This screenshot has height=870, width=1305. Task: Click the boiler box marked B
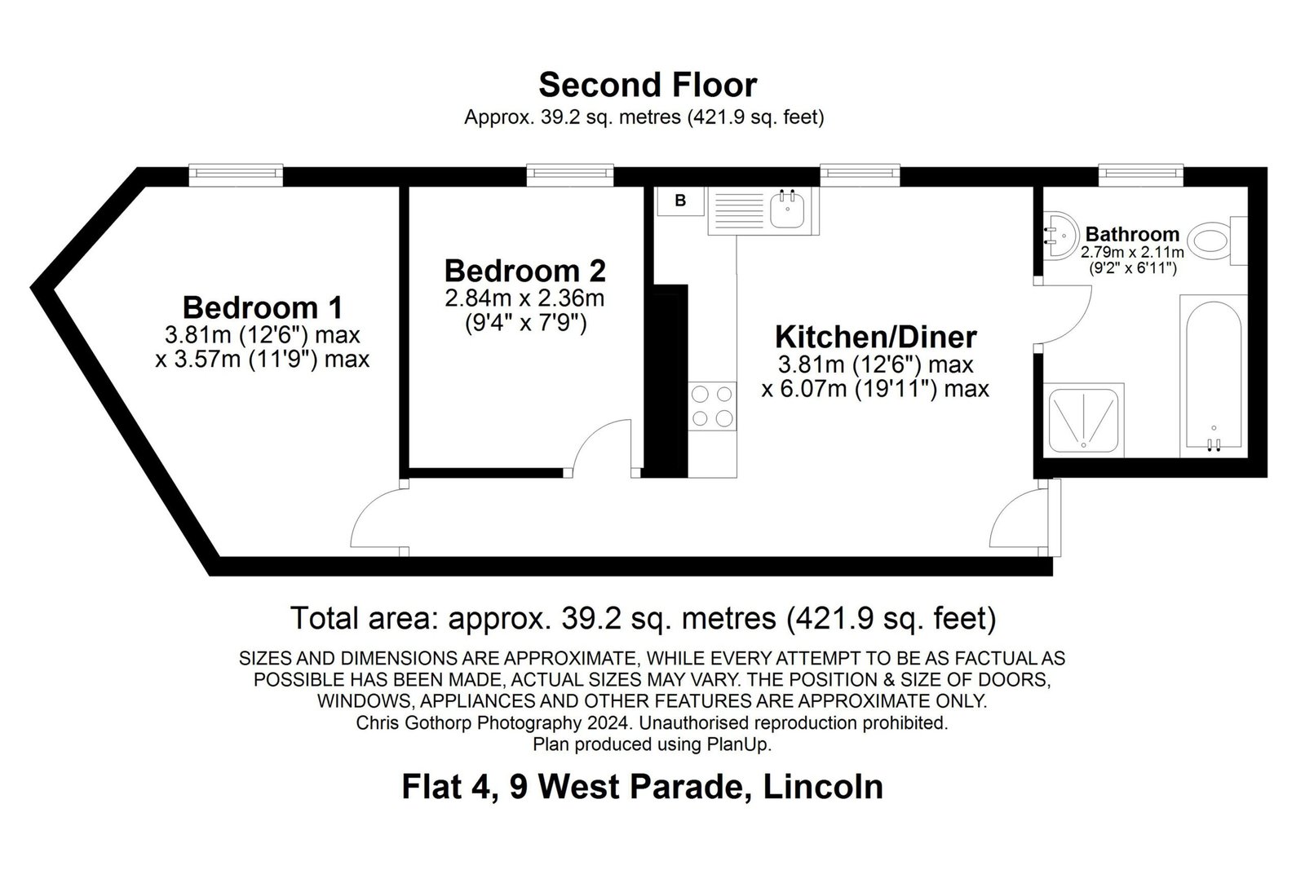[x=680, y=201]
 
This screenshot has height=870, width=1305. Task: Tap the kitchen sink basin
[x=787, y=210]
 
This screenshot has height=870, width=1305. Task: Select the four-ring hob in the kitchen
[x=712, y=407]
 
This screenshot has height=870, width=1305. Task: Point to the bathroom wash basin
[x=1059, y=236]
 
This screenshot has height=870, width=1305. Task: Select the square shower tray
[x=1084, y=421]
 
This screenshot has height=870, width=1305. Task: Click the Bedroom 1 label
[x=262, y=307]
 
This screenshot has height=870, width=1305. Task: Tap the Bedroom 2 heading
[x=525, y=271]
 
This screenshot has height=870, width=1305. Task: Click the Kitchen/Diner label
[x=876, y=337]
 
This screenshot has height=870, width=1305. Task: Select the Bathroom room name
[x=1132, y=234]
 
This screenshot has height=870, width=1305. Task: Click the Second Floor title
[x=648, y=85]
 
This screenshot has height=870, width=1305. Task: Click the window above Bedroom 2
[x=570, y=174]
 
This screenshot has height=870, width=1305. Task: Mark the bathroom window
[x=1141, y=174]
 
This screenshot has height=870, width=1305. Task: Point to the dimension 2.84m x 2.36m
[x=525, y=298]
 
